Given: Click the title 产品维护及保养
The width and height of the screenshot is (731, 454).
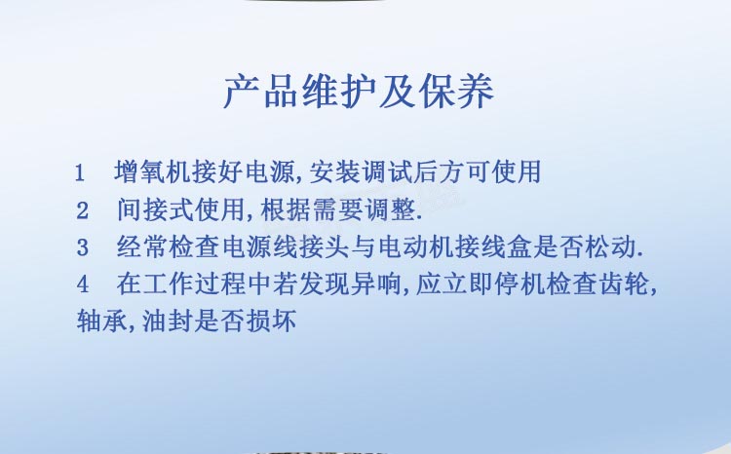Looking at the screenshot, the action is click(x=359, y=92).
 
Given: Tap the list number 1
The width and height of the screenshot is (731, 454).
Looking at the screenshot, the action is click(x=80, y=173).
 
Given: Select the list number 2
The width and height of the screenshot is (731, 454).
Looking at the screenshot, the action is click(x=83, y=210).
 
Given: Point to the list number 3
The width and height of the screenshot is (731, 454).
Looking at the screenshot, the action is click(x=83, y=247).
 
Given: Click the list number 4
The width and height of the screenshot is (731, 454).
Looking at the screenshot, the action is click(x=83, y=284).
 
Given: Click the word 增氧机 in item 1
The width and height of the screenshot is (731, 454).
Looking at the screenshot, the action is click(x=152, y=172).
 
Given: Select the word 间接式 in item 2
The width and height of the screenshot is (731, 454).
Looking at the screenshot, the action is click(x=155, y=209).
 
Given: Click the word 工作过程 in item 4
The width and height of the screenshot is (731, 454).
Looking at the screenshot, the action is click(x=181, y=284).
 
